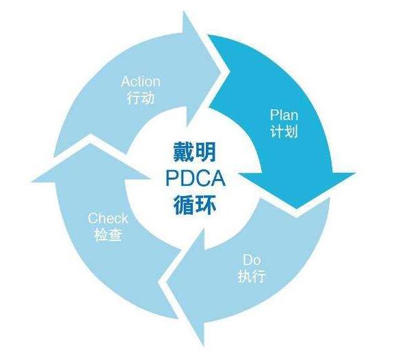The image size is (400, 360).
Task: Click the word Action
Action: point(141,81)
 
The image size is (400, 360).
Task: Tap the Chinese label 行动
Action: point(141,98)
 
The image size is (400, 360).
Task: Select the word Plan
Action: point(284,115)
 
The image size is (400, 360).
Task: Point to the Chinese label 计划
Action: point(284,131)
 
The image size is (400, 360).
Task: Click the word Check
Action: point(108,219)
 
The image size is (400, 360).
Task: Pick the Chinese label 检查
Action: point(108,235)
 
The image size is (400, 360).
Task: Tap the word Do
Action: point(252,260)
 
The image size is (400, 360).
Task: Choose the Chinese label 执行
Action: point(252,276)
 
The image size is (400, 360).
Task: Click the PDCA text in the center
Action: point(196,178)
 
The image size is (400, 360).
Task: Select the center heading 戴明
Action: point(195,152)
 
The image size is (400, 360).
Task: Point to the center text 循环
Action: point(195,205)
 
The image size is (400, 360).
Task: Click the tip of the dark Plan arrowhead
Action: point(297,208)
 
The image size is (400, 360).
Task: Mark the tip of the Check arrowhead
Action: point(90,143)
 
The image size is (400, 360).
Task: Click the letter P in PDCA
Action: point(172,178)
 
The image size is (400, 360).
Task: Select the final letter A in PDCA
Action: point(218,178)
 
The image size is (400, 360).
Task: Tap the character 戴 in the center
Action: point(183,152)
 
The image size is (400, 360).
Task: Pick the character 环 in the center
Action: point(206,205)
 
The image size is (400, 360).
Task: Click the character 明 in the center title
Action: point(206,152)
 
